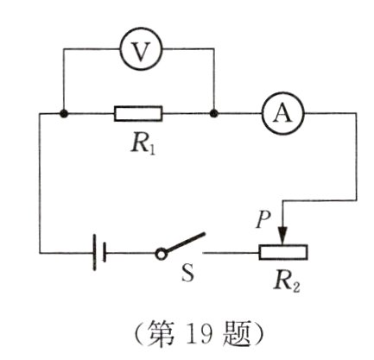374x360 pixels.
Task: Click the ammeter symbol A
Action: (279, 113)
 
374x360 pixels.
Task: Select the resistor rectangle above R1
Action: (138, 113)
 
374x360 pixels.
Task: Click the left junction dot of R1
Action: (65, 113)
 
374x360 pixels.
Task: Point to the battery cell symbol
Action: (98, 253)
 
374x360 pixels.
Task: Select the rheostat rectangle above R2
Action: (283, 253)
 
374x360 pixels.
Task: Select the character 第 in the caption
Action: (159, 334)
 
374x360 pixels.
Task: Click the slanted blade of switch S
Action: (185, 242)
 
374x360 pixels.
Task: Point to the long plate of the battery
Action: (94, 253)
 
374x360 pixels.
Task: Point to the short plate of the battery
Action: (104, 253)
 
